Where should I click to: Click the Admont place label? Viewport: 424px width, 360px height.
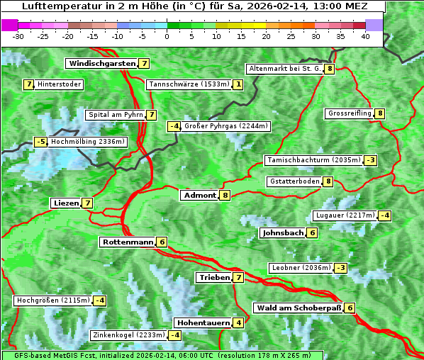199,196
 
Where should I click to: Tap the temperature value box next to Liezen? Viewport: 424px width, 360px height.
87,203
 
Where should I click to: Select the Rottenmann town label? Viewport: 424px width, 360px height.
127,242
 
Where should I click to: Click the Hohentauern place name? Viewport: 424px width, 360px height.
203,323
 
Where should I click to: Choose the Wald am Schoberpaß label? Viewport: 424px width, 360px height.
299,308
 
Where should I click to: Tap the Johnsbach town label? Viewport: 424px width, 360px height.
283,233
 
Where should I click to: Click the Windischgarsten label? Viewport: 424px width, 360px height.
101,64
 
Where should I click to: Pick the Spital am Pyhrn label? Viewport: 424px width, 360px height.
115,115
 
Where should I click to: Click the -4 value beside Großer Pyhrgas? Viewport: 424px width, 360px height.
174,127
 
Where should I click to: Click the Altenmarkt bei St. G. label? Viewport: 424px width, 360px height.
284,69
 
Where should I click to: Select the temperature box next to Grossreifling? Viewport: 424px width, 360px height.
380,113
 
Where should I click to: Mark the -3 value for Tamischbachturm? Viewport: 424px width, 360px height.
370,160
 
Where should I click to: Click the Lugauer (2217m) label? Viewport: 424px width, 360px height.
345,215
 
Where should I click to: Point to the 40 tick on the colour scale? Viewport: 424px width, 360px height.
365,35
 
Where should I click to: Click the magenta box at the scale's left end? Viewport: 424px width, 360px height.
10,25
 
